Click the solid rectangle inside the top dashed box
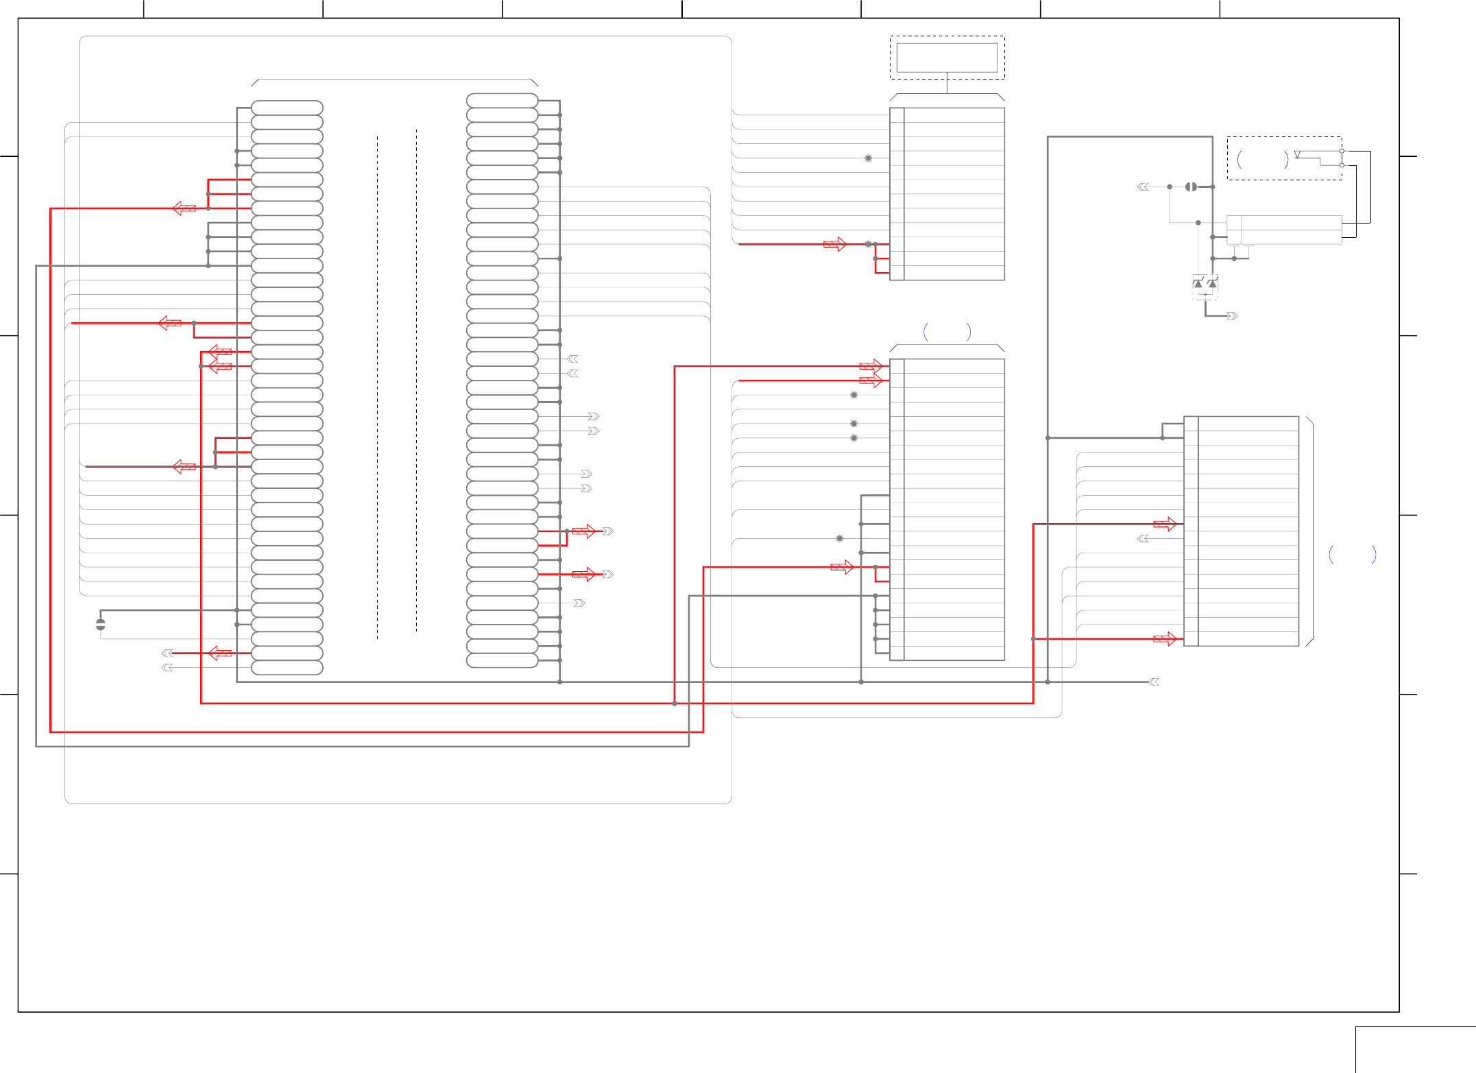point(947,58)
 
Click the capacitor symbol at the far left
point(101,624)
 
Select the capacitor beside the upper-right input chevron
point(1191,186)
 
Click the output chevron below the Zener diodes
point(1232,316)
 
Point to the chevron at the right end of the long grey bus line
point(1154,682)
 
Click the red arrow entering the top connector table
point(835,244)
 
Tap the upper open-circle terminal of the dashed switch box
point(1342,151)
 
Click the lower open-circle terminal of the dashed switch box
point(1342,165)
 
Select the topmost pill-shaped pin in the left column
point(287,108)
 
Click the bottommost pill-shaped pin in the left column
point(287,668)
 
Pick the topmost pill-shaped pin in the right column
point(502,100)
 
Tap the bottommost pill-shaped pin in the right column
point(502,660)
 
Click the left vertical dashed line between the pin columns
point(377,384)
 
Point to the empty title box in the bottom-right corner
point(1415,1049)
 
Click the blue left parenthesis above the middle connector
point(926,333)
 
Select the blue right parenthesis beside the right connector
point(1373,554)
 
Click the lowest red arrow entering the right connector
point(1165,639)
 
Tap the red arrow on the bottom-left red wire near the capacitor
point(220,653)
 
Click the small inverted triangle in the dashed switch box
point(1297,154)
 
